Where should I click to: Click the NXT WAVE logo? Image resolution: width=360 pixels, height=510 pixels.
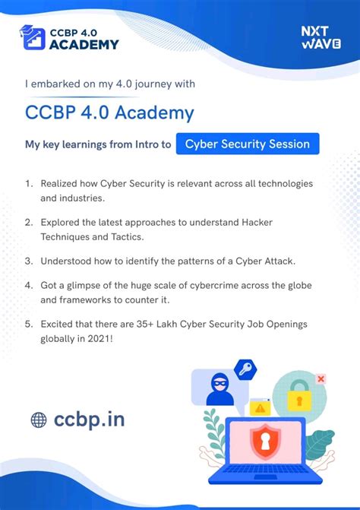pos(321,37)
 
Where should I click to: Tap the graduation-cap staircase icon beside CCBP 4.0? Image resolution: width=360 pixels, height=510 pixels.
pos(32,37)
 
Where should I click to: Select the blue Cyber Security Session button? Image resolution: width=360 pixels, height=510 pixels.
pos(248,144)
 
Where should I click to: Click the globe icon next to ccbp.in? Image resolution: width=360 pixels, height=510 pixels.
pos(39,420)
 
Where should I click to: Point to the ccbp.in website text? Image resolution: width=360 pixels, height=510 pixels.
pos(90,420)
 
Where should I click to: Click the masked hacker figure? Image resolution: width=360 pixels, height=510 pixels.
pos(220,389)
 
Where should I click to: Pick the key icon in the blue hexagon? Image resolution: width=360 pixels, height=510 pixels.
pos(245,369)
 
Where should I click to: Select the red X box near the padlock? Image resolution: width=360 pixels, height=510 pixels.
pos(321,379)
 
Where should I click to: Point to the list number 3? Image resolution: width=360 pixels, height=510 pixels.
pos(29,261)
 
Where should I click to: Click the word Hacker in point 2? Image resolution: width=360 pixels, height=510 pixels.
pos(257,223)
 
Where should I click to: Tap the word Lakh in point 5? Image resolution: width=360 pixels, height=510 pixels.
pos(166,325)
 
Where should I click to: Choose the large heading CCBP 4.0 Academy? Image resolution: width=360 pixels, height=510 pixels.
pos(110,112)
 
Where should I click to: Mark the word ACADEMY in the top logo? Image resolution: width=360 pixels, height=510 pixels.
pos(84,45)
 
